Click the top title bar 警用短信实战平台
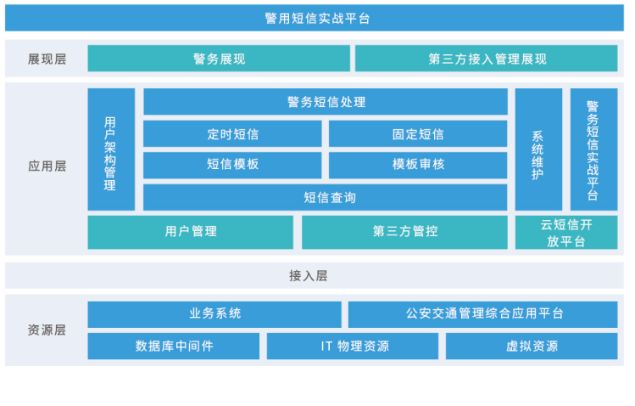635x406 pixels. pos(315,18)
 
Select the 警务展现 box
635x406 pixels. pos(219,59)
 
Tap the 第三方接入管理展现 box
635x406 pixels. pos(487,59)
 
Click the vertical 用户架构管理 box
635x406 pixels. pos(111,149)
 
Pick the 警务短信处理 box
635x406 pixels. pos(326,101)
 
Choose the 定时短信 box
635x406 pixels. pos(232,133)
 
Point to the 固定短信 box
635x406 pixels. pos(418,133)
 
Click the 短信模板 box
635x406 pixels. pos(232,165)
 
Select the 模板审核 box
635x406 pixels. pos(418,165)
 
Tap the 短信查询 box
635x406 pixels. pos(326,197)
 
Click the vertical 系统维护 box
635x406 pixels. pos(538,149)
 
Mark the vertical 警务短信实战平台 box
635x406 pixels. pos(593,149)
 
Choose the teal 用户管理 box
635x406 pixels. pos(191,232)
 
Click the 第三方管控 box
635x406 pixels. pos(404,232)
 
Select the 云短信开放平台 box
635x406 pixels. pos(566,232)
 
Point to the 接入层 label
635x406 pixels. pos(309,276)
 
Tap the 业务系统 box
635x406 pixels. pos(214,314)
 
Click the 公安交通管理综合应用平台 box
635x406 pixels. pos(482,314)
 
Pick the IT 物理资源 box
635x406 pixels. pos(353,346)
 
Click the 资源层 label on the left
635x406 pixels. pos(47,330)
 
